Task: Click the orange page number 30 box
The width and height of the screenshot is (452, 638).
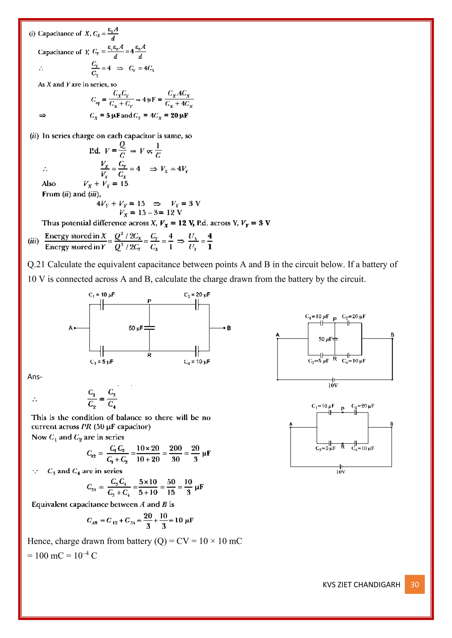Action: [414, 584]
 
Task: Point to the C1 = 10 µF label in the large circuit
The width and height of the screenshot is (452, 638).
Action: [102, 295]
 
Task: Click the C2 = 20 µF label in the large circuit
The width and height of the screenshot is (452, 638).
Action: [197, 295]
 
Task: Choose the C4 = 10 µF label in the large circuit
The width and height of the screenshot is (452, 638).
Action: [197, 362]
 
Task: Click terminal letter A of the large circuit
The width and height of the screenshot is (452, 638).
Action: [70, 328]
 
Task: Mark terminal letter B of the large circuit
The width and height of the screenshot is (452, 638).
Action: [229, 328]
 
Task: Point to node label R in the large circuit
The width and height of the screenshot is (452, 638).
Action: [149, 355]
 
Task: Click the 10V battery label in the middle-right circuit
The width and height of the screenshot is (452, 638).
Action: [333, 385]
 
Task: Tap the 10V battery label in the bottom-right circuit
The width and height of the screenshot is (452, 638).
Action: [341, 472]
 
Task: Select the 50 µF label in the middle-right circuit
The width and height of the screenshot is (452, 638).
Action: [325, 339]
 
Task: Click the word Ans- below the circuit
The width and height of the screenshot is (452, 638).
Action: [35, 377]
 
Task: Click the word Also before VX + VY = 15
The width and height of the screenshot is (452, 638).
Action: [49, 184]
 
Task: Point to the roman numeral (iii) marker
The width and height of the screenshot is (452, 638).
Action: [33, 241]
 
